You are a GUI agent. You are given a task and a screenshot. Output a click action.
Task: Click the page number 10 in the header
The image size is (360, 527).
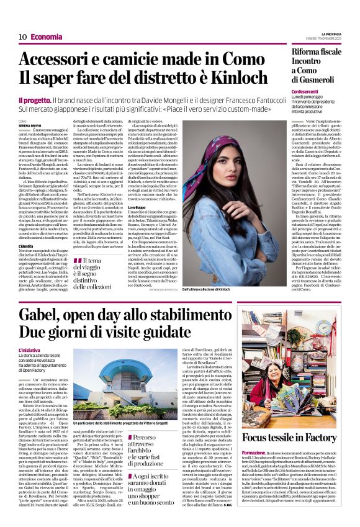tap(22, 37)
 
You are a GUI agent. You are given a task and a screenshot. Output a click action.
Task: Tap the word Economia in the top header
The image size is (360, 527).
tap(47, 37)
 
